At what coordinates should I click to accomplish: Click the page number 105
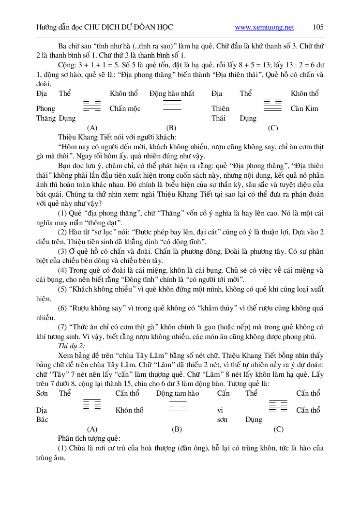(x=318, y=27)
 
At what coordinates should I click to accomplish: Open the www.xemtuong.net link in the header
(x=264, y=27)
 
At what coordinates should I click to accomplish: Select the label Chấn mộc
(x=125, y=108)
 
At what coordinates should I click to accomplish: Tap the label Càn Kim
(x=304, y=108)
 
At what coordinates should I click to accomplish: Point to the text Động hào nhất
(x=172, y=93)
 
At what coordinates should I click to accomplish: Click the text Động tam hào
(x=178, y=393)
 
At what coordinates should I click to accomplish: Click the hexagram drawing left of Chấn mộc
(x=92, y=105)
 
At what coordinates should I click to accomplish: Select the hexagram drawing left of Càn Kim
(x=272, y=105)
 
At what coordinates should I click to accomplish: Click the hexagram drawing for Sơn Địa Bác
(x=92, y=405)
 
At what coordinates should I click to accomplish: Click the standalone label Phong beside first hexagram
(x=45, y=108)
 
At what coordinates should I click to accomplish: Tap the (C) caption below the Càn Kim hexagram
(x=273, y=128)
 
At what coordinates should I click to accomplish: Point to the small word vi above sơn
(x=220, y=410)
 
